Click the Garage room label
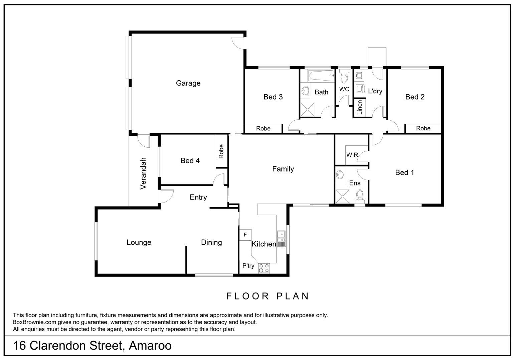[x=188, y=83]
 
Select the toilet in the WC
[x=344, y=77]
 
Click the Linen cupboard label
[x=360, y=108]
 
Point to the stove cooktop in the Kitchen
[x=265, y=268]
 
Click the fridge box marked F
[x=245, y=235]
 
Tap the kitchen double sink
[x=281, y=237]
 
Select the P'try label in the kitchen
[x=248, y=266]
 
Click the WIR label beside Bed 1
[x=352, y=155]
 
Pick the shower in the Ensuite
[x=342, y=196]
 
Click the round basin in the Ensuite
[x=340, y=174]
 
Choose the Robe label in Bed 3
[x=263, y=128]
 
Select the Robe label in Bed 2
[x=423, y=128]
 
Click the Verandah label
[x=144, y=173]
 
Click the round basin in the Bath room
[x=305, y=91]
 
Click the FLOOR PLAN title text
[x=268, y=296]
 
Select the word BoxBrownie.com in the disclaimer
[x=34, y=322]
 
